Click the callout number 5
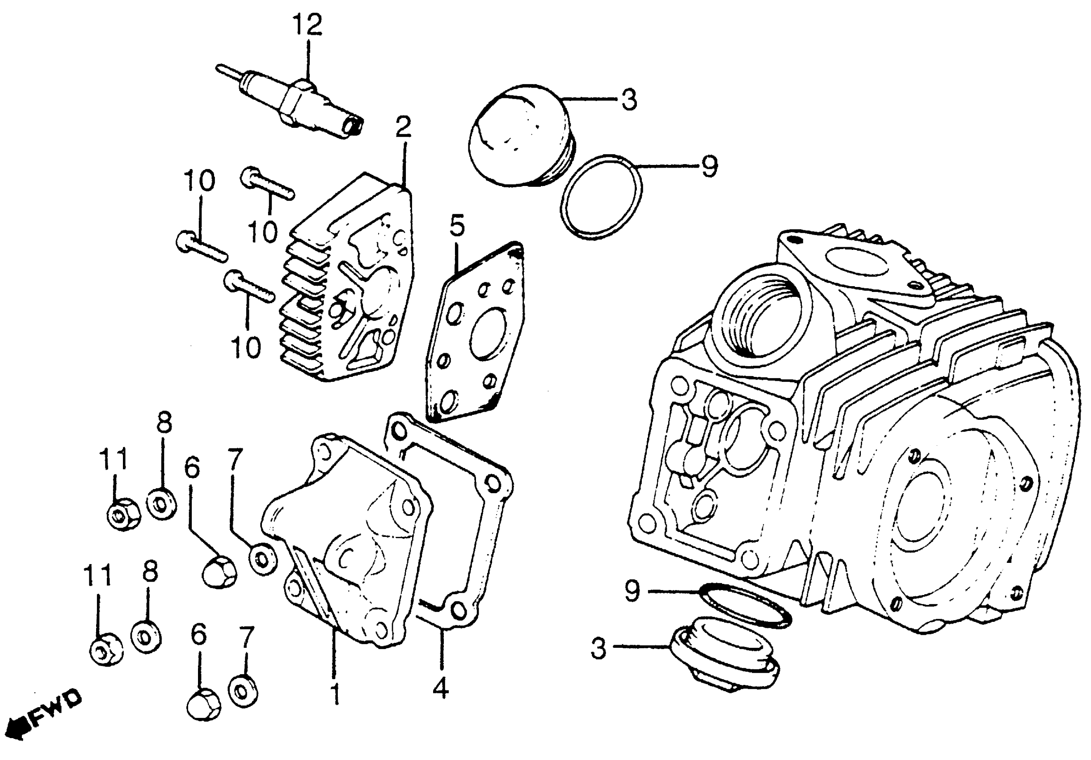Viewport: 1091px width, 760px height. click(x=457, y=227)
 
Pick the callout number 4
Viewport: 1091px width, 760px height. click(x=441, y=687)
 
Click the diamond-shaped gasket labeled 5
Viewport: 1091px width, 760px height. click(x=475, y=333)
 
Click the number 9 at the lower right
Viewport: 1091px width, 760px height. click(x=632, y=591)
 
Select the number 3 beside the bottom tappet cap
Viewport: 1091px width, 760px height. click(x=599, y=648)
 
